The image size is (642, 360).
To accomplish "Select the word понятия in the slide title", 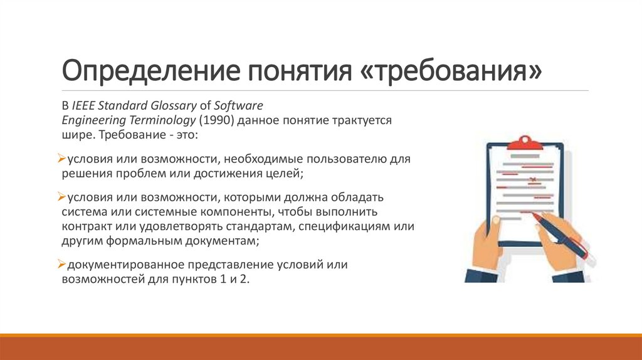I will [289, 71].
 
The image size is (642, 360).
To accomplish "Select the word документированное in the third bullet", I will [117, 265].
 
